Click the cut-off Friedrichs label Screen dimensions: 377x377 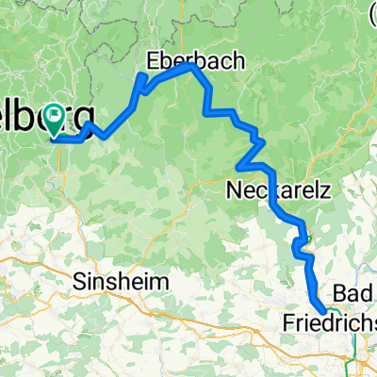coord(329,324)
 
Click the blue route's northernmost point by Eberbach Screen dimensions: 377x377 coord(192,65)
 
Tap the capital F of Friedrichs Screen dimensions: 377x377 coord(287,324)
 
